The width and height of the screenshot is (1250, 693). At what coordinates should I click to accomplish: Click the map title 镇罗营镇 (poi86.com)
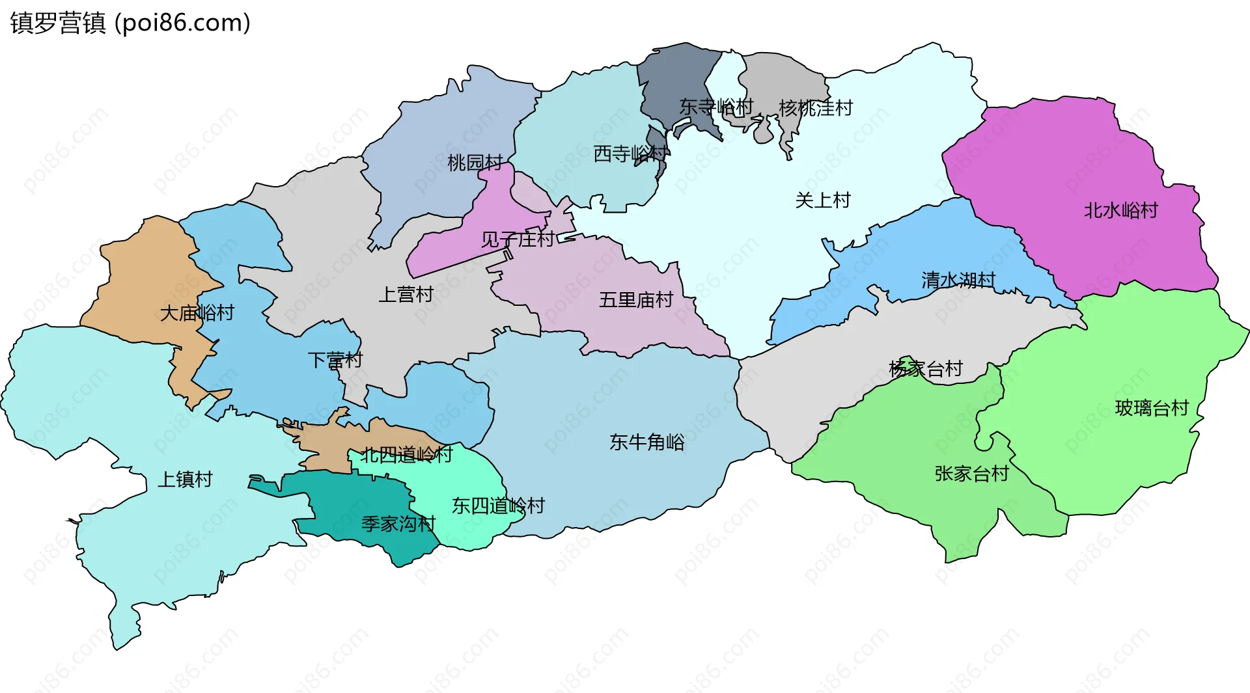click(x=130, y=23)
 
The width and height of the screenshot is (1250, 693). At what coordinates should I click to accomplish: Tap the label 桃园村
click(x=475, y=163)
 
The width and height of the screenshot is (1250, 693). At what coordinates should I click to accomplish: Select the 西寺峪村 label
click(x=630, y=154)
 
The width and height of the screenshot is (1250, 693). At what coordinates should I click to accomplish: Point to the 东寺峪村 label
click(x=716, y=107)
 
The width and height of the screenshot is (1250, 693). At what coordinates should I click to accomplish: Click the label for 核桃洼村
click(x=816, y=108)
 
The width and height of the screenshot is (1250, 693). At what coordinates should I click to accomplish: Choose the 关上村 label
click(x=823, y=200)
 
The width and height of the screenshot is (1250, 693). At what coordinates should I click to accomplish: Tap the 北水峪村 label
click(x=1121, y=211)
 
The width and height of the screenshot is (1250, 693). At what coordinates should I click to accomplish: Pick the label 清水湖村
click(x=958, y=280)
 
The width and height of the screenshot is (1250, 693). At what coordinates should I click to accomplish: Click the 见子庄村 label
click(x=518, y=239)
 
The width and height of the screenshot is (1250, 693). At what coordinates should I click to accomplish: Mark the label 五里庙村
click(x=636, y=300)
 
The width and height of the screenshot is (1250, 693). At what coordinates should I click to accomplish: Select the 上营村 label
click(x=406, y=295)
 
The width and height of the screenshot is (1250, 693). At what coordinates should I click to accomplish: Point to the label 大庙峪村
click(x=197, y=314)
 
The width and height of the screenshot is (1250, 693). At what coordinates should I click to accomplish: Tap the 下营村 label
click(x=335, y=360)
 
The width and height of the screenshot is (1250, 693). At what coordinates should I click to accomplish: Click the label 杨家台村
click(x=926, y=370)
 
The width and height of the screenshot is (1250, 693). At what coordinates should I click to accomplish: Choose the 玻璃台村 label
click(x=1152, y=409)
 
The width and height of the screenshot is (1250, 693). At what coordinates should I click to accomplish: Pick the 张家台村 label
click(x=971, y=474)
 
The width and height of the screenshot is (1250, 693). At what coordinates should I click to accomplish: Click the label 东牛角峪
click(x=647, y=442)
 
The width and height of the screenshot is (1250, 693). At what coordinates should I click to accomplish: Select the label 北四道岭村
click(x=407, y=455)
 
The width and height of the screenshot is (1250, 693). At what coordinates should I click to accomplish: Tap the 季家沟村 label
click(x=398, y=524)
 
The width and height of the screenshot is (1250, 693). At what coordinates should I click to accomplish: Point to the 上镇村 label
click(x=186, y=480)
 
